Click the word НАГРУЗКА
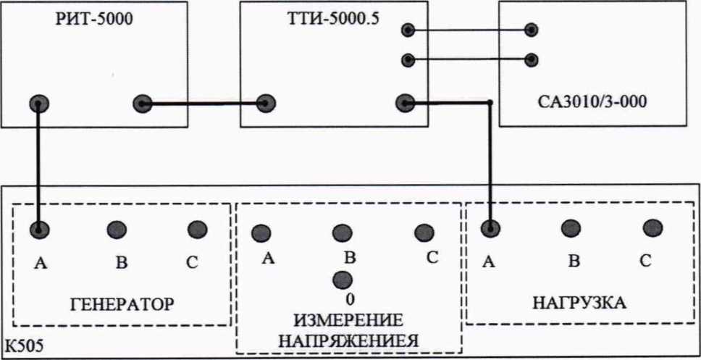[x=578, y=301]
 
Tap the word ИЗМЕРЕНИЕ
[x=348, y=319]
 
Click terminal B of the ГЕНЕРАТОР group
[x=117, y=230]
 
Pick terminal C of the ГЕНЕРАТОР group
[x=196, y=230]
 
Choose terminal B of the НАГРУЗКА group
[x=572, y=227]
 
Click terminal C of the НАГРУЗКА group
[x=653, y=227]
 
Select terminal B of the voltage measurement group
[x=343, y=233]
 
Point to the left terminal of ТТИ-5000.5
[x=265, y=103]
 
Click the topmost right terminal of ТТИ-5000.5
[x=408, y=30]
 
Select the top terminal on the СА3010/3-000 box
[x=532, y=30]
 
